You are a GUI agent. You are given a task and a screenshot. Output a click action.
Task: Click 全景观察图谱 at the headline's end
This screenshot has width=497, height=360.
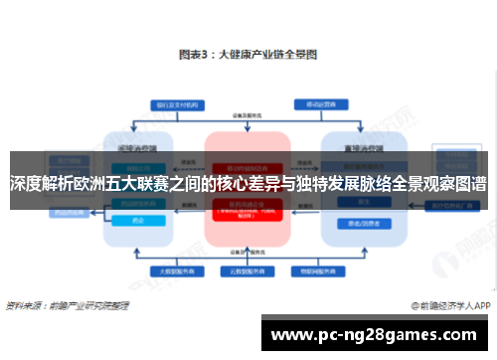point(440,184)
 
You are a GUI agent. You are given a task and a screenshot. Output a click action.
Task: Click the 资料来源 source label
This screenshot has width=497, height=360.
point(24,306)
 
